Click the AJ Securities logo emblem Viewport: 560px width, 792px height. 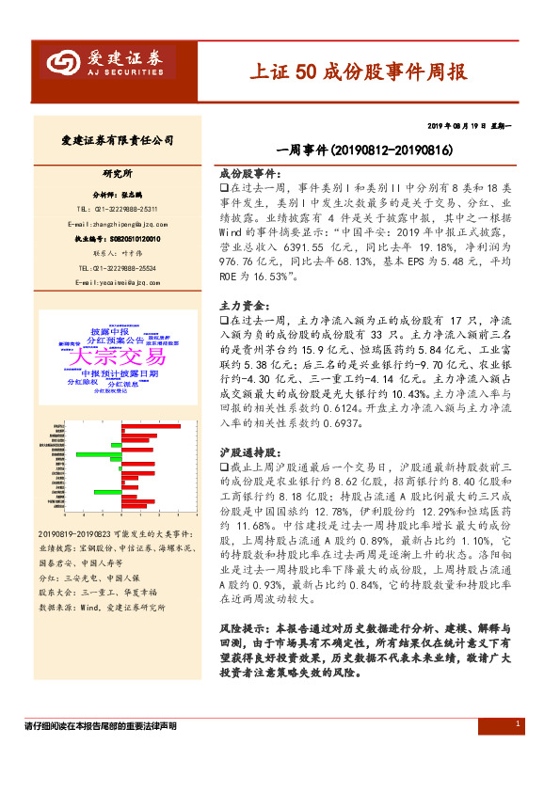point(63,62)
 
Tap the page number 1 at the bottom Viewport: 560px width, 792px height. point(518,723)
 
